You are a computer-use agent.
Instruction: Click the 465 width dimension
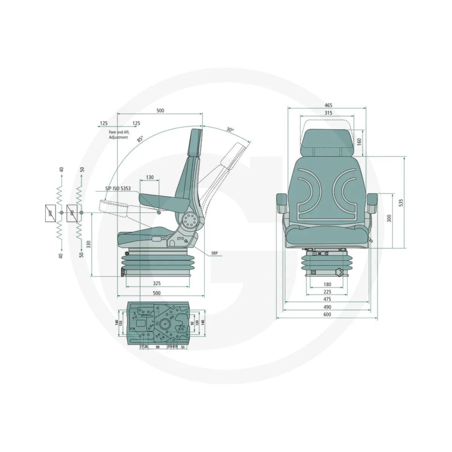pyautogui.click(x=327, y=105)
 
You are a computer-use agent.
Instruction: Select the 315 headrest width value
pyautogui.click(x=327, y=113)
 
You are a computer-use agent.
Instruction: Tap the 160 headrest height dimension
pyautogui.click(x=359, y=142)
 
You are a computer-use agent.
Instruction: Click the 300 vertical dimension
pyautogui.click(x=389, y=218)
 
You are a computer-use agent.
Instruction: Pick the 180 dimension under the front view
pyautogui.click(x=327, y=284)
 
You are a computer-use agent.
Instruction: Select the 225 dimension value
pyautogui.click(x=327, y=292)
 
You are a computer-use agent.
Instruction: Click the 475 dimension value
pyautogui.click(x=327, y=299)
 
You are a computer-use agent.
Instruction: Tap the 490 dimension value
pyautogui.click(x=327, y=307)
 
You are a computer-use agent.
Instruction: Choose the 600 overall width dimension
pyautogui.click(x=327, y=315)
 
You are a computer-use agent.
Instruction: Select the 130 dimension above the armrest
pyautogui.click(x=150, y=177)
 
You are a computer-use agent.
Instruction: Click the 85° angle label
pyautogui.click(x=140, y=139)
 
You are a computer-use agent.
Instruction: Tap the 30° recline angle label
pyautogui.click(x=230, y=130)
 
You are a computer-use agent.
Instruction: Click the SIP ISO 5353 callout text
pyautogui.click(x=118, y=188)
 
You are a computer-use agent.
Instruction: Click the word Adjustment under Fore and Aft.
pyautogui.click(x=118, y=137)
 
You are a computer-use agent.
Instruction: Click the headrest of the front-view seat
pyautogui.click(x=327, y=143)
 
